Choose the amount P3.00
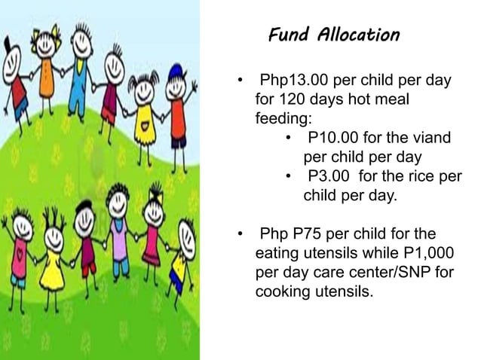pos(329,177)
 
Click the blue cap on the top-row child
pos(176,73)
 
